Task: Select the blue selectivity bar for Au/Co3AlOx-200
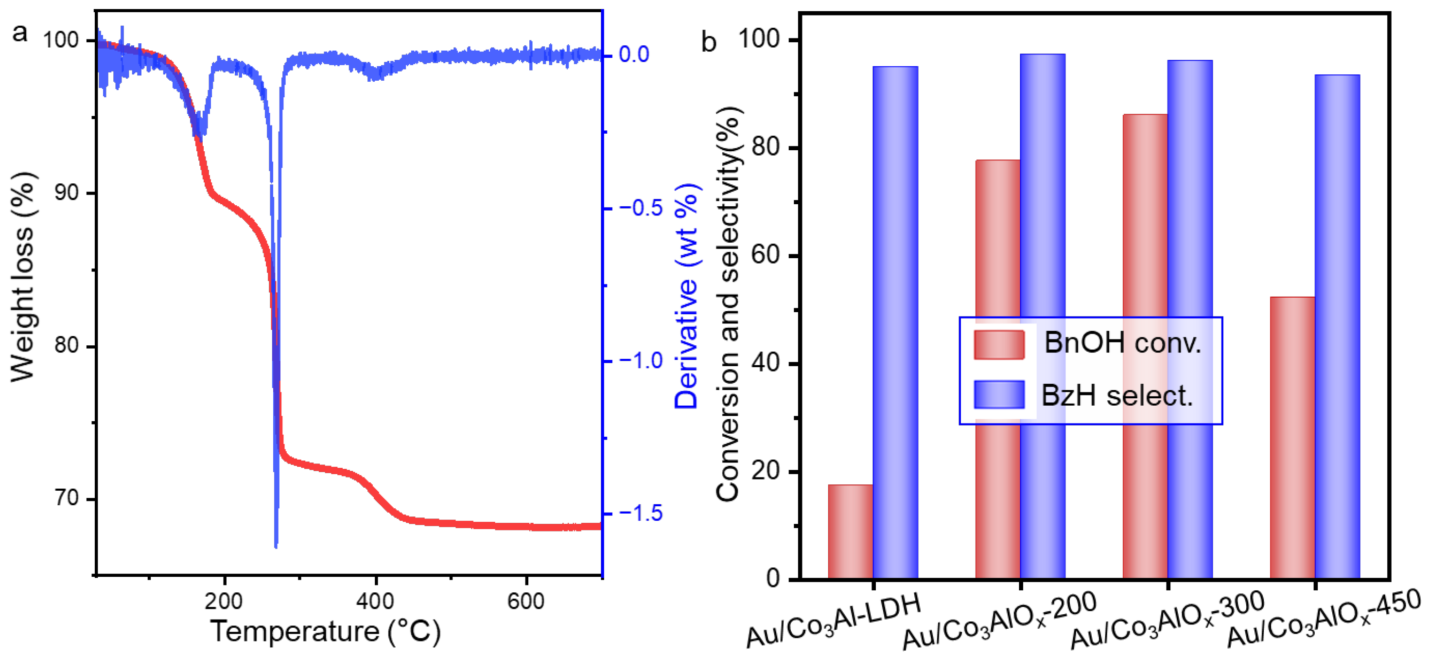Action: (1043, 222)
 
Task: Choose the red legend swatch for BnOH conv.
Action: (998, 345)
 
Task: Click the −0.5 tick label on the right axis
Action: (641, 208)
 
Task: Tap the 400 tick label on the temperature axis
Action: (376, 601)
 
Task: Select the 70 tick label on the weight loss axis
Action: (67, 498)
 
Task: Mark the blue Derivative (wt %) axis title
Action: (687, 297)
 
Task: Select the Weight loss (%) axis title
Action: (23, 278)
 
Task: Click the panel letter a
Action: (20, 33)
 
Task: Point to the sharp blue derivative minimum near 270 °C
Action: (276, 545)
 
